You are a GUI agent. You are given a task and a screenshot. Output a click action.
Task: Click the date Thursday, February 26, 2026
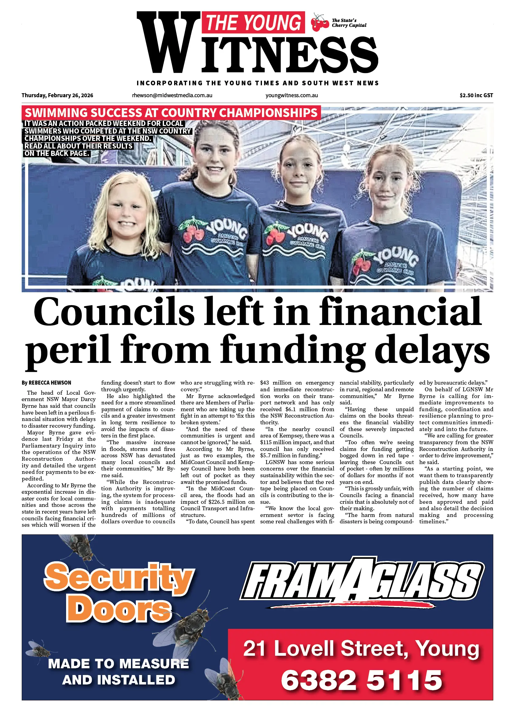pos(58,95)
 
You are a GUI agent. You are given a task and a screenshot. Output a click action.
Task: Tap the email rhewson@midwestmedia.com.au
pos(172,95)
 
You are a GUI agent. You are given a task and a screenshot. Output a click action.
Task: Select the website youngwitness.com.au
pos(291,95)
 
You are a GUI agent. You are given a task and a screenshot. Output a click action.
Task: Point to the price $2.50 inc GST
pos(476,95)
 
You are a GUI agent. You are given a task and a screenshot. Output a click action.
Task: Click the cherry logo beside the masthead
pos(320,23)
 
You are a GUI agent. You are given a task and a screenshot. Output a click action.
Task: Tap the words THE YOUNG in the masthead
pos(253,23)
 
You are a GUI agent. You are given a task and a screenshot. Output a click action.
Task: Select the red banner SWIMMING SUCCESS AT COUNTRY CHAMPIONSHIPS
pos(171,113)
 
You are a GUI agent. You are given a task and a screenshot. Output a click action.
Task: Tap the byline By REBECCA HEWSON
pos(46,383)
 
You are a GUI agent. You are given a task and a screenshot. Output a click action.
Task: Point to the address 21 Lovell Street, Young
pos(361,648)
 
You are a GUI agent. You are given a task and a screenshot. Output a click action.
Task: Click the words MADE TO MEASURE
pos(119,664)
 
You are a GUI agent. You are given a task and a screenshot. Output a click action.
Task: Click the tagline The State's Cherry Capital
pos(349,23)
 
